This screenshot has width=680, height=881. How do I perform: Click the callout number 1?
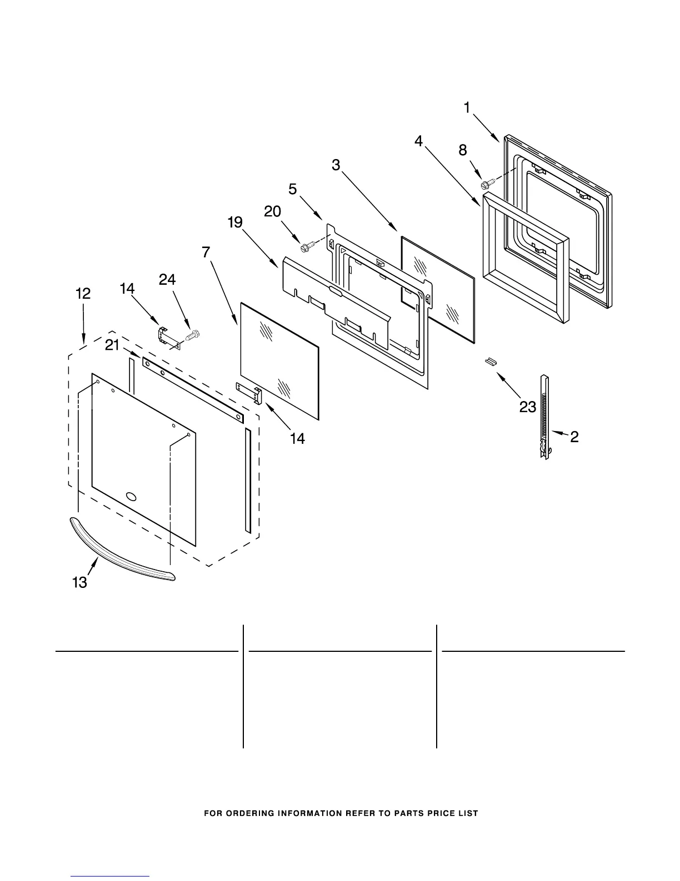tap(467, 107)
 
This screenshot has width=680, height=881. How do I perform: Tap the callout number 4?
tap(418, 141)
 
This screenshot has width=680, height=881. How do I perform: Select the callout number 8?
tap(463, 150)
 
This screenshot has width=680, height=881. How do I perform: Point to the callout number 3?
tap(336, 165)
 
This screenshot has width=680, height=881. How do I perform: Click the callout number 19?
tap(235, 222)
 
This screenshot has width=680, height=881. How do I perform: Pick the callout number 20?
tap(272, 211)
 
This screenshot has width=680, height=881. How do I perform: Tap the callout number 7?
tap(206, 252)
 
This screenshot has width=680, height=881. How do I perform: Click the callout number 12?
tap(83, 294)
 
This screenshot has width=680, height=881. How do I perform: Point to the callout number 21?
tap(112, 345)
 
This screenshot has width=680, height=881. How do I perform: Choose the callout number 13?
tap(79, 582)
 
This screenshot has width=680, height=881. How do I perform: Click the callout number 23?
tap(528, 407)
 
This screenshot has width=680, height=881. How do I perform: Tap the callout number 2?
tap(574, 437)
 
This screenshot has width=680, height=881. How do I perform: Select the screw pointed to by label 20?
tap(306, 245)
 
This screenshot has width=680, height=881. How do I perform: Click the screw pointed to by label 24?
tap(194, 335)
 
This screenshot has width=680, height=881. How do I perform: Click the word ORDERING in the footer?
tap(249, 813)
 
